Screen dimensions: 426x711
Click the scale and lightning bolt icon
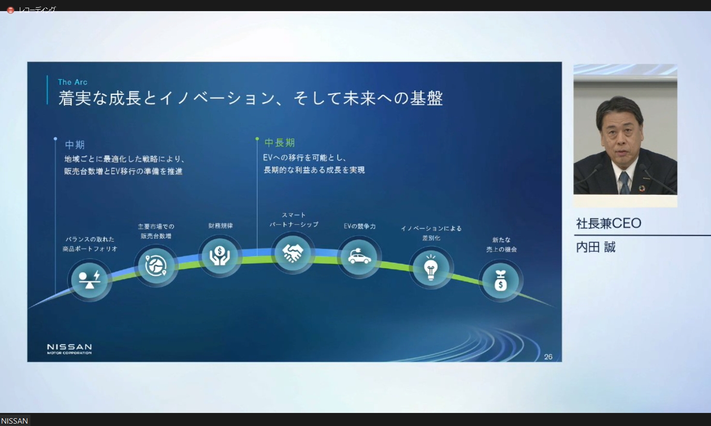pos(89,280)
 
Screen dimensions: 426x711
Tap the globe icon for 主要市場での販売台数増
pos(156,265)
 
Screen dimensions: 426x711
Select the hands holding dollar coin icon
pos(220,256)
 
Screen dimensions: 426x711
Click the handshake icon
pos(293,253)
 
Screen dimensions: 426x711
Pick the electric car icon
pos(359,257)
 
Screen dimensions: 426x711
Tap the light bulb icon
pos(431,267)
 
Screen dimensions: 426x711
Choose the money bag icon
pos(501,280)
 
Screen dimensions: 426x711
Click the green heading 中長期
pos(279,143)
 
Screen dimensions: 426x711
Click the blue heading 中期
pos(75,145)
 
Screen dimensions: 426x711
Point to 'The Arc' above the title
pos(73,82)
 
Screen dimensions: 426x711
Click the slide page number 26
pos(548,357)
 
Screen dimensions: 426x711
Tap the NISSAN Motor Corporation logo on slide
pos(69,349)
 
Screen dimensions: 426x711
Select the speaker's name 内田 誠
pos(595,247)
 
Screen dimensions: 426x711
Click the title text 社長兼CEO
pos(609,223)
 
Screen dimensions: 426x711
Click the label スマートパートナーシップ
pos(293,220)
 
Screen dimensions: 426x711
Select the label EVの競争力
pos(360,226)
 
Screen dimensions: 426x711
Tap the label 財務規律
pos(220,226)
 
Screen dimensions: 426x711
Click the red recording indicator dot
pos(10,10)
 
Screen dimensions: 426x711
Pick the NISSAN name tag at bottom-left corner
pos(15,421)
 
